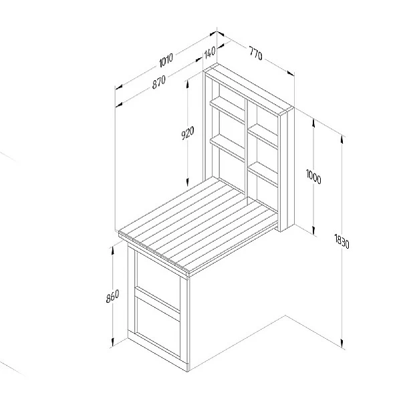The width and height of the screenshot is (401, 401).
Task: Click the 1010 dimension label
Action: click(x=166, y=60)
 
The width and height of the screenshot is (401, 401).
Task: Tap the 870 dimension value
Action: click(x=159, y=82)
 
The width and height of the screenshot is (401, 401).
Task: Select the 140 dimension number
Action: click(x=210, y=52)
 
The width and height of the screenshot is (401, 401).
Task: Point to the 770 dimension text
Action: click(x=256, y=53)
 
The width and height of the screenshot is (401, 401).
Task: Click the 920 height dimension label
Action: click(x=188, y=133)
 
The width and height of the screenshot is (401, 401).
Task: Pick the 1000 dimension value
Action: click(x=313, y=176)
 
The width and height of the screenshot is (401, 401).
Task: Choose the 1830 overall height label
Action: click(x=342, y=241)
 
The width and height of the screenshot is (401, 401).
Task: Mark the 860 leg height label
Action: click(x=112, y=296)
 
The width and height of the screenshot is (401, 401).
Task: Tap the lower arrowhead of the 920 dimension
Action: click(x=187, y=182)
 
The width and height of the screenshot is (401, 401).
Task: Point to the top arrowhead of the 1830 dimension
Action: click(x=342, y=140)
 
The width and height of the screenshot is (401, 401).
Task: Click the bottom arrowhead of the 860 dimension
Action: click(x=112, y=342)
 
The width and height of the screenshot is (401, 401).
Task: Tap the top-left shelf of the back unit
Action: click(x=227, y=110)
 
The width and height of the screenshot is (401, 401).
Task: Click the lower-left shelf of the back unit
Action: click(x=227, y=148)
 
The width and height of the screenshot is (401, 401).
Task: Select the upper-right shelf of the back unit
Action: click(x=263, y=136)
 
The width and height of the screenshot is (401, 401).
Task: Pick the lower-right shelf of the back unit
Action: click(x=263, y=174)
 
